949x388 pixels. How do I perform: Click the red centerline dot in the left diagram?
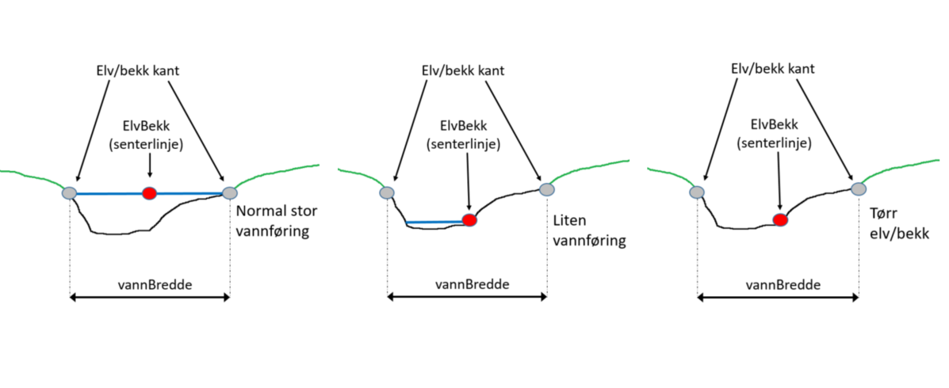click(x=148, y=192)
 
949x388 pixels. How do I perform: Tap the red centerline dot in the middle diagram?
click(x=469, y=220)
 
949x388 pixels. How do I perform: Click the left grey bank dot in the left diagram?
click(x=70, y=192)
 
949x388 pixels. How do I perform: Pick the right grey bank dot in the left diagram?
click(x=230, y=192)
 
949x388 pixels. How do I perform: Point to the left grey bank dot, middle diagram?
click(x=387, y=192)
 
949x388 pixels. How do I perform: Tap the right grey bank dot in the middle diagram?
click(x=546, y=189)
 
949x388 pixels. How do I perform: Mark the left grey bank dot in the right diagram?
click(x=697, y=192)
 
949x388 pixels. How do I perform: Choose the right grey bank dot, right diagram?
click(x=858, y=188)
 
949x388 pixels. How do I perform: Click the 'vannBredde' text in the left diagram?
click(x=149, y=283)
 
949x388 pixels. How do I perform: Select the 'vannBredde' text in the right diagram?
click(x=777, y=283)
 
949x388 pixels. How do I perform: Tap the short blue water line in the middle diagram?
click(x=434, y=223)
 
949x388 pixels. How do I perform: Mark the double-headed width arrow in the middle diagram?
click(x=467, y=298)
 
